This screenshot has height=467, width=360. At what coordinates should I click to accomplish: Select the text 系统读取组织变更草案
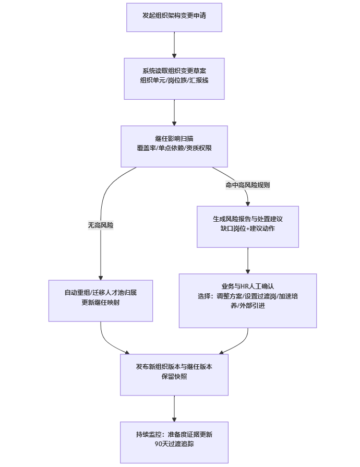174,70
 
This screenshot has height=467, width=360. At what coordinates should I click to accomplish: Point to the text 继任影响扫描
174,138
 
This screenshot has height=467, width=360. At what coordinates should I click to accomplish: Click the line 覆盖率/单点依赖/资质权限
174,148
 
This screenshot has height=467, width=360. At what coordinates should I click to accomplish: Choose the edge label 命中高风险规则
248,185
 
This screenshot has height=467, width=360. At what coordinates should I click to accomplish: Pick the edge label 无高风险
101,225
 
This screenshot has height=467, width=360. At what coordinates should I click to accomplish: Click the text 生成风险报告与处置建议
248,219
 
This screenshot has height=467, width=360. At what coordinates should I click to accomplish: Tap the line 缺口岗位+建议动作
248,229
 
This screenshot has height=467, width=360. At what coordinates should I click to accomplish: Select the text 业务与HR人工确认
248,286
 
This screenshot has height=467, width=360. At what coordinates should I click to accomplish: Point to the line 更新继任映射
101,303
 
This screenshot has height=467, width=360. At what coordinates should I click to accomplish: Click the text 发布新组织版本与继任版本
174,366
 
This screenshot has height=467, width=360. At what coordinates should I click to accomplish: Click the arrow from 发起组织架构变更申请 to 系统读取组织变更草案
174,45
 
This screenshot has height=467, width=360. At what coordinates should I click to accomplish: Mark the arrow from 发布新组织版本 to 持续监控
174,409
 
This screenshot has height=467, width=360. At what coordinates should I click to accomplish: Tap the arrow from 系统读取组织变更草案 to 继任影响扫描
174,112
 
